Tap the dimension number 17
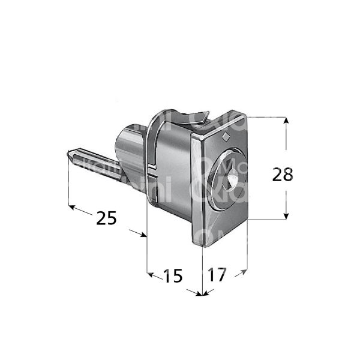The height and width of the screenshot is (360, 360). point(217,275)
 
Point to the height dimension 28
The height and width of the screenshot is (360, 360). point(283,175)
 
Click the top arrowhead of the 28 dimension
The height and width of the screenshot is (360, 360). point(287,121)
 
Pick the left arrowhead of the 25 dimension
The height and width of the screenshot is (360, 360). point(72,208)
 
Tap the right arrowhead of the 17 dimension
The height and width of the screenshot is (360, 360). point(244,272)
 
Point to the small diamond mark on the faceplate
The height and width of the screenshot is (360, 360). point(225,137)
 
